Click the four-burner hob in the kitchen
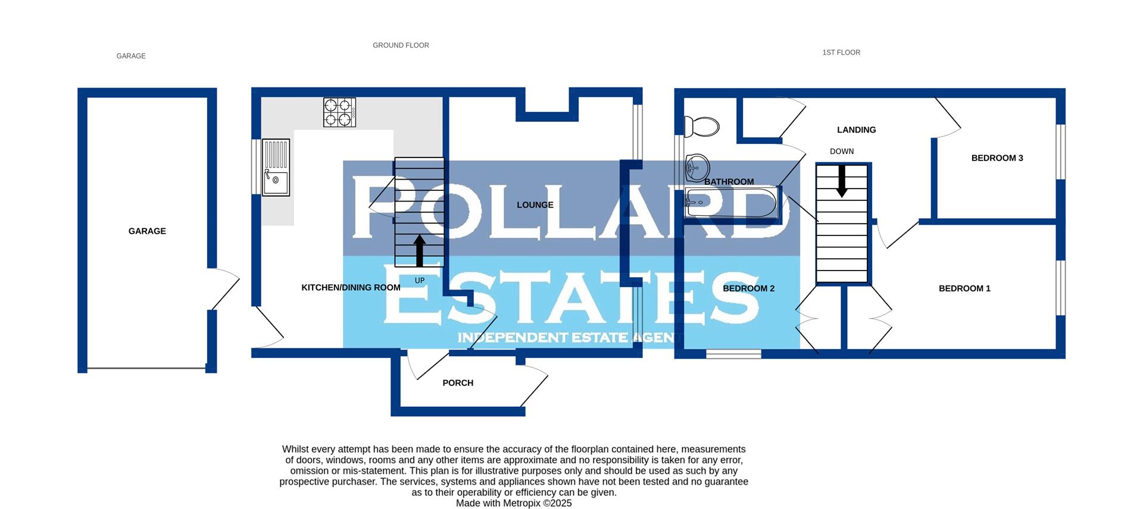pyautogui.click(x=339, y=112)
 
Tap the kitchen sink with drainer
pyautogui.click(x=276, y=167)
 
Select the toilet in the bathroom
pyautogui.click(x=702, y=127)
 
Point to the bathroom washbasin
pyautogui.click(x=697, y=168)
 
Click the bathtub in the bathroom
pyautogui.click(x=731, y=203)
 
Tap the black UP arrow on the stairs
pyautogui.click(x=420, y=250)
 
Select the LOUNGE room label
pyautogui.click(x=535, y=205)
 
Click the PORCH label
pyautogui.click(x=458, y=383)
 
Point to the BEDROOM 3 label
pyautogui.click(x=997, y=158)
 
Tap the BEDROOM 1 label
pyautogui.click(x=964, y=288)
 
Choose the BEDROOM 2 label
pyautogui.click(x=748, y=288)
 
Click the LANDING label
pyautogui.click(x=856, y=130)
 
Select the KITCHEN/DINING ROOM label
pyautogui.click(x=351, y=288)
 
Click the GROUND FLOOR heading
pyautogui.click(x=401, y=45)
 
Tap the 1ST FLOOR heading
pyautogui.click(x=841, y=52)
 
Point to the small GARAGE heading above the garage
pyautogui.click(x=131, y=56)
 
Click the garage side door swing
pyautogui.click(x=225, y=288)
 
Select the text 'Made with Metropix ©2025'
pyautogui.click(x=514, y=503)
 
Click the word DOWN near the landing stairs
pyautogui.click(x=842, y=152)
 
